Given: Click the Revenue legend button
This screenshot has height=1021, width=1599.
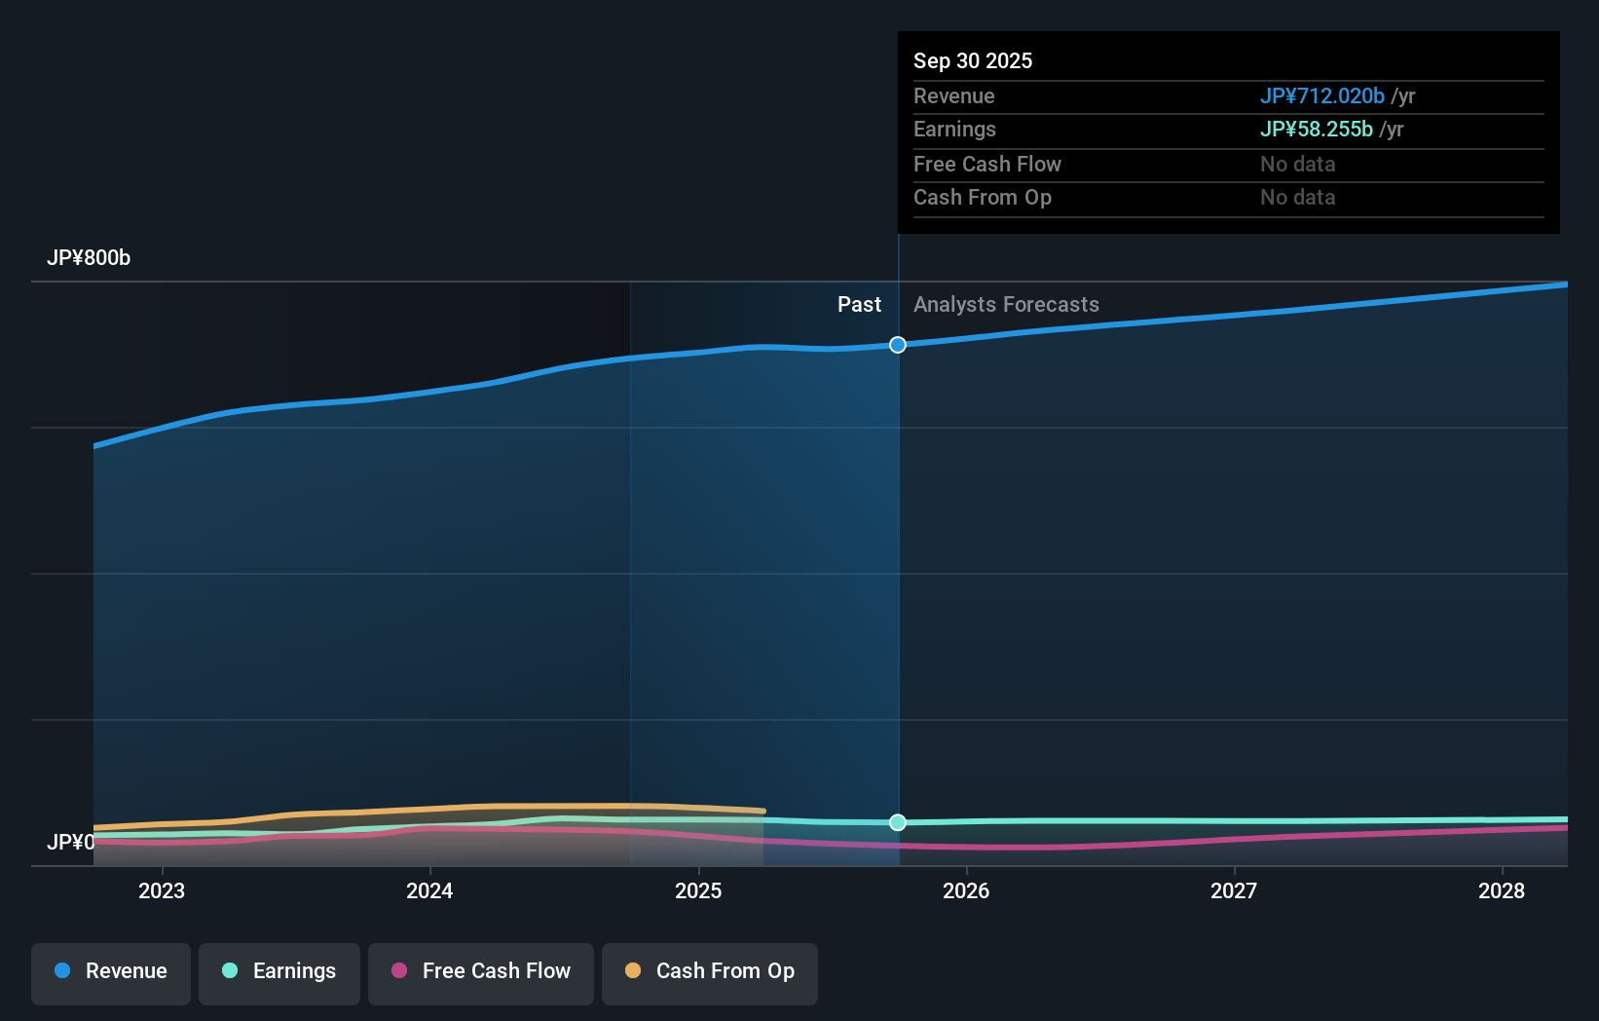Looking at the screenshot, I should (x=111, y=971).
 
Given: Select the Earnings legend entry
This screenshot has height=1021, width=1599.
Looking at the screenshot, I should (x=279, y=971).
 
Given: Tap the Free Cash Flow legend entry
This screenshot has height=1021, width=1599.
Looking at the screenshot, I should (x=481, y=971).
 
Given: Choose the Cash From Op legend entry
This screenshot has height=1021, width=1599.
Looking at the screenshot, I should (x=710, y=971).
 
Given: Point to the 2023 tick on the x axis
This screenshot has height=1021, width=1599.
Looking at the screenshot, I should (x=162, y=890).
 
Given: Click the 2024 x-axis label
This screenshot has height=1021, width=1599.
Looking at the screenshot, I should (x=429, y=890).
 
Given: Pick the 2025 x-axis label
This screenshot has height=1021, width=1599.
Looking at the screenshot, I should (x=698, y=890).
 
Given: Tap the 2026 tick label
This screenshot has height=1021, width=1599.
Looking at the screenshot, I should (x=966, y=890).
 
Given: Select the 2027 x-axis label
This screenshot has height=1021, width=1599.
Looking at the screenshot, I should (x=1234, y=890).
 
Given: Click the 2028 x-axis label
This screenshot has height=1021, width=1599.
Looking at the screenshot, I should (x=1502, y=890).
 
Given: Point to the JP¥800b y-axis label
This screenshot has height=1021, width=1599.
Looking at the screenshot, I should (x=89, y=258).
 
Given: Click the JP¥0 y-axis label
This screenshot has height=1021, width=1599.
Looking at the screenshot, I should (x=71, y=842).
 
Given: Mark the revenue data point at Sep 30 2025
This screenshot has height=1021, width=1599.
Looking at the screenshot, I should (x=898, y=345).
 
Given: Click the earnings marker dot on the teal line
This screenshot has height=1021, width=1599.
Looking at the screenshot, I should (x=898, y=822).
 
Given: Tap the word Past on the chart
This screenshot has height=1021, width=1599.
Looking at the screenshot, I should (x=859, y=305).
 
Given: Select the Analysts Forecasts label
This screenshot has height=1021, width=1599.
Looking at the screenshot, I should (x=1006, y=305).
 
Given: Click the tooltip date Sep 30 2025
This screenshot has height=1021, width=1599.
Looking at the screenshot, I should (x=973, y=60).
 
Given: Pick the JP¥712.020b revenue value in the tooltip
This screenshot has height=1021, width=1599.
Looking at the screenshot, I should (x=1321, y=95).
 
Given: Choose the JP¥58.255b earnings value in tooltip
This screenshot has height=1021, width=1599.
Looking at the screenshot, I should (x=1316, y=130).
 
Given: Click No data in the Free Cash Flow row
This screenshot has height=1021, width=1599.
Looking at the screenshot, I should (x=1297, y=164).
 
